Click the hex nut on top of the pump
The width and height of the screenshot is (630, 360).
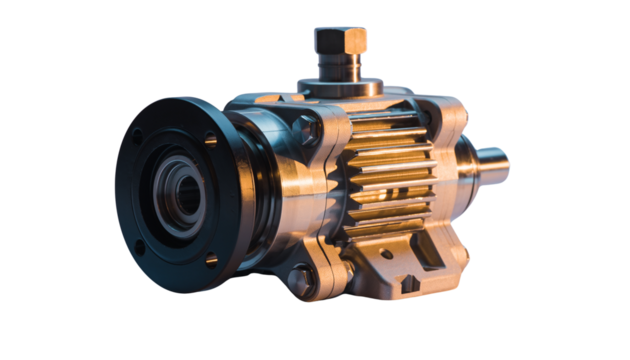(x=340, y=41)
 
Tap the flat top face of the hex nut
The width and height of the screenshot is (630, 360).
(x=340, y=32)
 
